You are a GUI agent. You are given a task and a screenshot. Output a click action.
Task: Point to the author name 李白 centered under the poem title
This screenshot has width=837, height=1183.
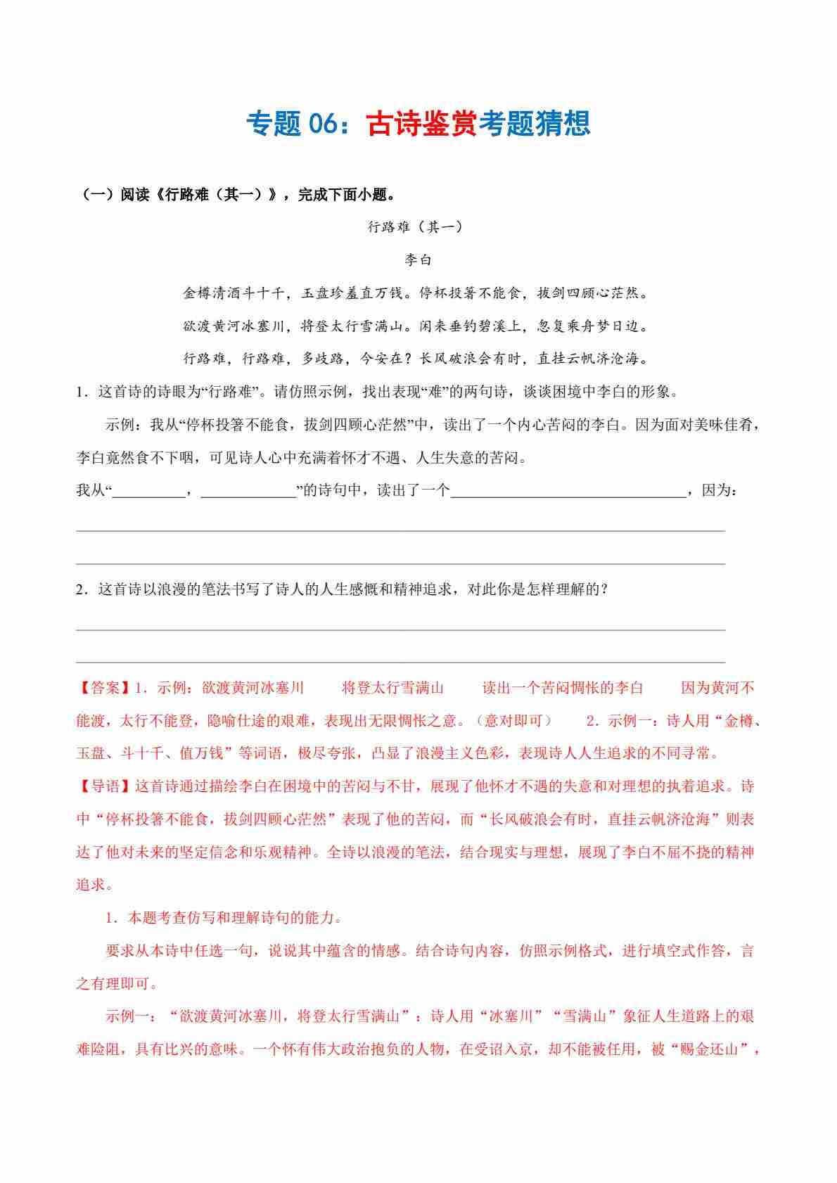[x=418, y=260]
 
